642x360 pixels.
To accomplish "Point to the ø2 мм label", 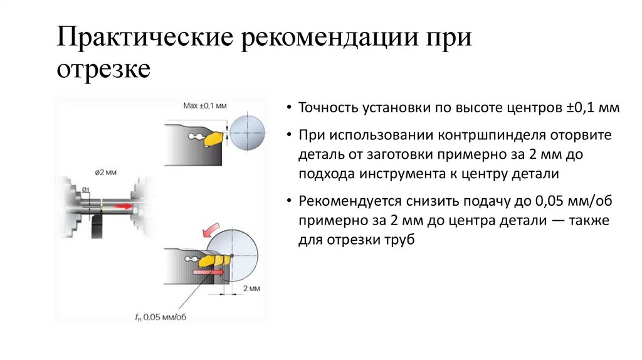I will pyautogui.click(x=105, y=171).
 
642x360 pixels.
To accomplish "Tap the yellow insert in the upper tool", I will pyautogui.click(x=215, y=136).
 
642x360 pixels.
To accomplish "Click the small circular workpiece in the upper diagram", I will pyautogui.click(x=247, y=134).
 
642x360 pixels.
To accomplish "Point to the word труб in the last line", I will pyautogui.click(x=402, y=240).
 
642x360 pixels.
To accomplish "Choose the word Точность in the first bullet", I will pyautogui.click(x=327, y=108).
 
